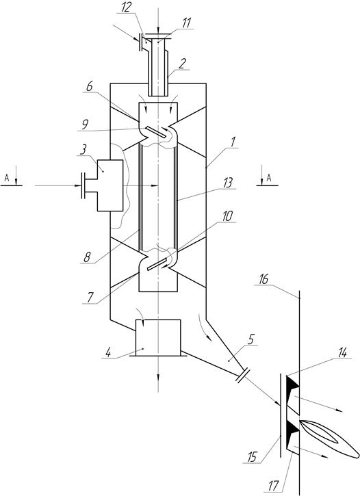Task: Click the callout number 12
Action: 126,8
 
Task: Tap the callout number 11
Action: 187,24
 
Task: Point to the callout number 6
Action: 90,86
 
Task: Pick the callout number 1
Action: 234,142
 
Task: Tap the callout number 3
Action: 83,150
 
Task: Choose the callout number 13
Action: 227,183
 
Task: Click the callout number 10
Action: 227,216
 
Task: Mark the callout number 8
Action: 87,257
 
